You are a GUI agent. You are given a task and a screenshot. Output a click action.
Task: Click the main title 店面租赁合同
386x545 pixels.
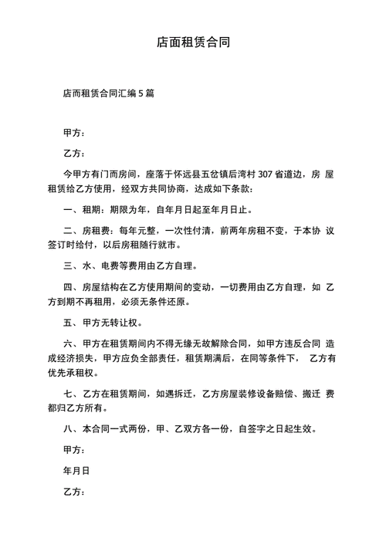(x=192, y=42)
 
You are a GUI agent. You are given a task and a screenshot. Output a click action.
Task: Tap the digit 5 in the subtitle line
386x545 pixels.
(x=141, y=93)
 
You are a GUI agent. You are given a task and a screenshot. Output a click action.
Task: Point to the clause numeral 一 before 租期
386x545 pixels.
(x=68, y=209)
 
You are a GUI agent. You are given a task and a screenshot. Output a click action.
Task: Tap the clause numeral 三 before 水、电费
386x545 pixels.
(x=68, y=266)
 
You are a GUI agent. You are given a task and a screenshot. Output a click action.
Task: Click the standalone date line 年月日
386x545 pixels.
(x=76, y=469)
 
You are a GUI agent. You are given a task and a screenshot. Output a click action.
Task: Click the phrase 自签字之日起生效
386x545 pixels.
(x=279, y=428)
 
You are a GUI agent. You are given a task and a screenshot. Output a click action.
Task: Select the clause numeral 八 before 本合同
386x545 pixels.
(x=68, y=428)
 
